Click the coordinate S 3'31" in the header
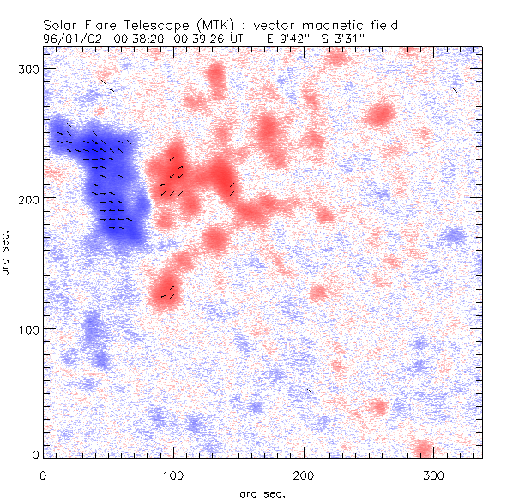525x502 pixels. pos(341,39)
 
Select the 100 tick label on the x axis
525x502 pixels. pos(173,474)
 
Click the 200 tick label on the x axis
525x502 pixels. pos(304,474)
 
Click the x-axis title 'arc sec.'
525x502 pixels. pos(262,493)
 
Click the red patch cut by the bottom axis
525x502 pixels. pos(423,450)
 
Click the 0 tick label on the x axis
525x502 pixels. pos(43,474)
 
